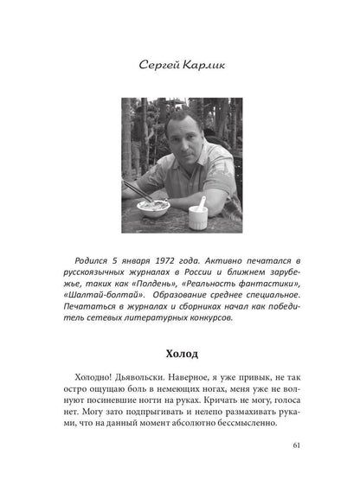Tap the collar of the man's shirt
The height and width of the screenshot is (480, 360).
(x=192, y=164)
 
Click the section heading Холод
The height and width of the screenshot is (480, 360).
(x=181, y=355)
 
